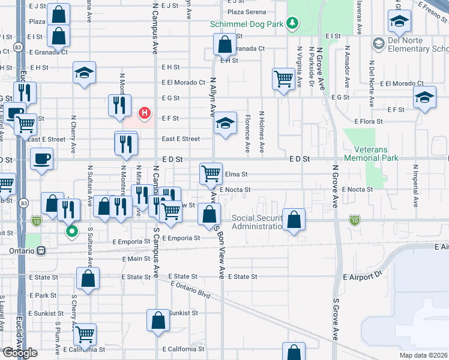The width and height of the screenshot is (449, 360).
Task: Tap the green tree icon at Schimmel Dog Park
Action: pyautogui.click(x=292, y=23)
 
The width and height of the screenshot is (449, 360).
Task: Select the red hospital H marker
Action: pyautogui.click(x=145, y=112)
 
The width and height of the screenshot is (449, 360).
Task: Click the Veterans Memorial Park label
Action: pyautogui.click(x=372, y=154)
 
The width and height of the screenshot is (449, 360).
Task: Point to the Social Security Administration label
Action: pyautogui.click(x=257, y=222)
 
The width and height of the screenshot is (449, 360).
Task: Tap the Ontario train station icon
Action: pyautogui.click(x=41, y=251)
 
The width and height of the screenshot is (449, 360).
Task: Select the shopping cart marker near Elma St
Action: pyautogui.click(x=211, y=174)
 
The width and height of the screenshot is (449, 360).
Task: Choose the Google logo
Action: pyautogui.click(x=19, y=353)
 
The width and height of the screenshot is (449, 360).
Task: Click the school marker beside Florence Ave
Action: pyautogui.click(x=225, y=124)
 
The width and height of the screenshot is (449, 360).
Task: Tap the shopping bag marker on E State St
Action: pyautogui.click(x=88, y=278)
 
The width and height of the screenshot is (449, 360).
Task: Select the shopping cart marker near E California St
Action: pyautogui.click(x=85, y=334)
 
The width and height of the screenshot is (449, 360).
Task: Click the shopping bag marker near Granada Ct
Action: pyautogui.click(x=224, y=44)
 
